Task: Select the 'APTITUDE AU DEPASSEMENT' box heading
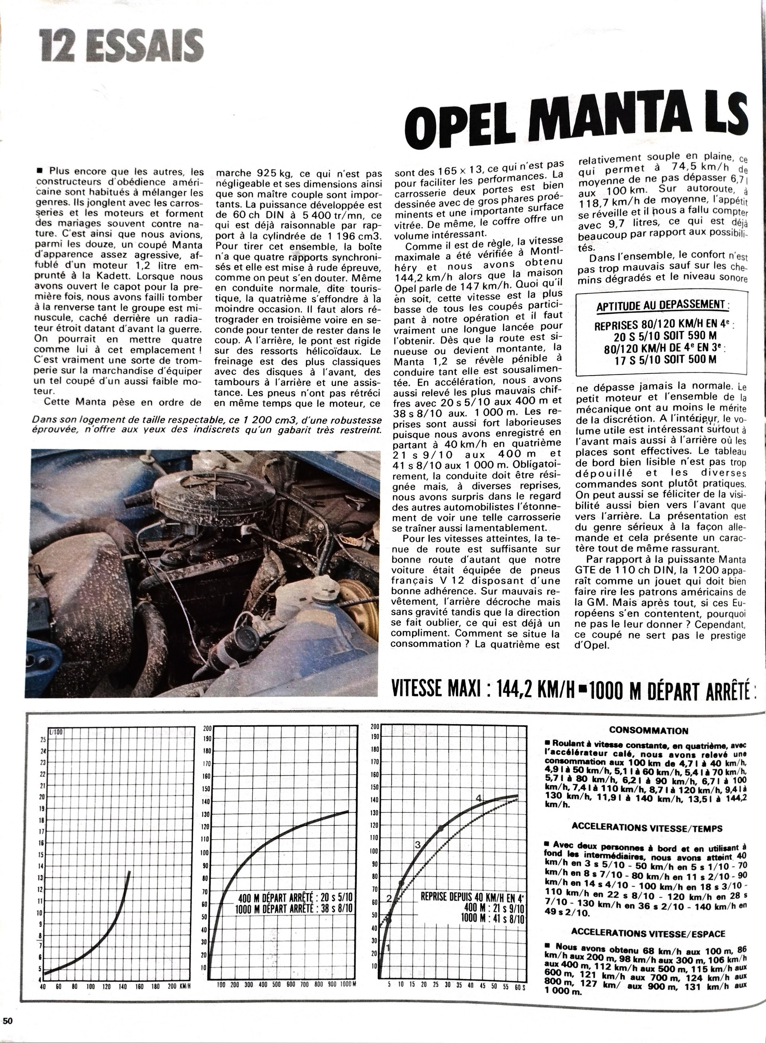point(662,305)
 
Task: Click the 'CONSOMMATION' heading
point(649,730)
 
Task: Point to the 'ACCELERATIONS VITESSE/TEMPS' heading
point(647,827)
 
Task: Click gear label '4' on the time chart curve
point(479,797)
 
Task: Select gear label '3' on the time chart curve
point(417,845)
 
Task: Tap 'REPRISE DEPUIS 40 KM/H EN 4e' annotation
point(472,896)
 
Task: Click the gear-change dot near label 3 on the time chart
point(440,828)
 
